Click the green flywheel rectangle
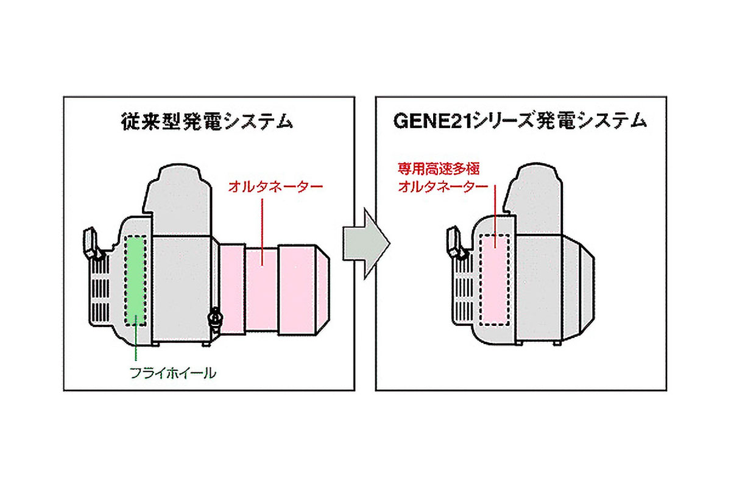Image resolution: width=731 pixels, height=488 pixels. point(135,281)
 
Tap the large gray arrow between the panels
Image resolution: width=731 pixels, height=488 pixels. point(364,244)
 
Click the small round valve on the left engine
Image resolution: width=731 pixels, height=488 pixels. point(213,317)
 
